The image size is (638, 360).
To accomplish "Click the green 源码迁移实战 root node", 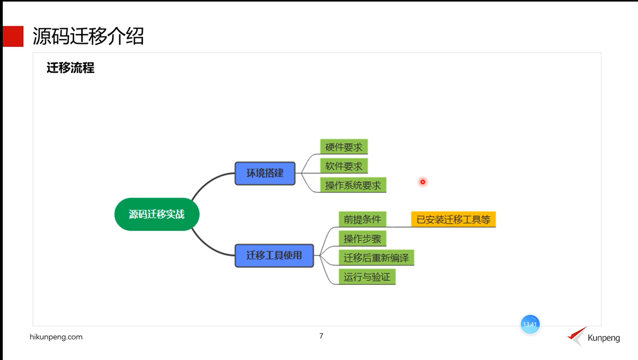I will [x=157, y=214].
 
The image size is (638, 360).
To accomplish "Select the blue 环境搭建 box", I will [x=265, y=173].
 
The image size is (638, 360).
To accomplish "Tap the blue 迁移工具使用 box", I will [x=274, y=255].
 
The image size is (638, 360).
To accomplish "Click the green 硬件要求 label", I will [x=344, y=147].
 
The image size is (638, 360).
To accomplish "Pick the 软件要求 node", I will [x=344, y=166].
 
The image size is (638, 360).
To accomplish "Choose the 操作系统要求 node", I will [x=353, y=185].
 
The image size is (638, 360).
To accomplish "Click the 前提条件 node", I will [x=362, y=219].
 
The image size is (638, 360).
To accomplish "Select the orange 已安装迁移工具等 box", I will [x=453, y=219].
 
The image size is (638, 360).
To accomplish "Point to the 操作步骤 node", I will [x=362, y=238].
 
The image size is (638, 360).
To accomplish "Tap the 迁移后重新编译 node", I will [x=376, y=258].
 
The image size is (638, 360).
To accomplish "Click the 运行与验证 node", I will [x=366, y=277].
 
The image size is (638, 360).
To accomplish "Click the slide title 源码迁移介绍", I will [x=88, y=36].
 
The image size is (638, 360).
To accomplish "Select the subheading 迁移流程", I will [x=70, y=68].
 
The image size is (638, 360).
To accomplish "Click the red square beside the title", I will [x=13, y=36].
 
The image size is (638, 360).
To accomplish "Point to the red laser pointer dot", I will [x=423, y=182].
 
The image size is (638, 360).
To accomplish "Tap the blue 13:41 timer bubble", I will [x=530, y=324].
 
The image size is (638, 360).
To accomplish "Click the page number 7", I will [x=321, y=336].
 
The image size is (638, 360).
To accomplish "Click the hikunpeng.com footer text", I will [x=56, y=337].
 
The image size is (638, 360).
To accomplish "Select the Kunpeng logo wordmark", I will [x=603, y=338].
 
